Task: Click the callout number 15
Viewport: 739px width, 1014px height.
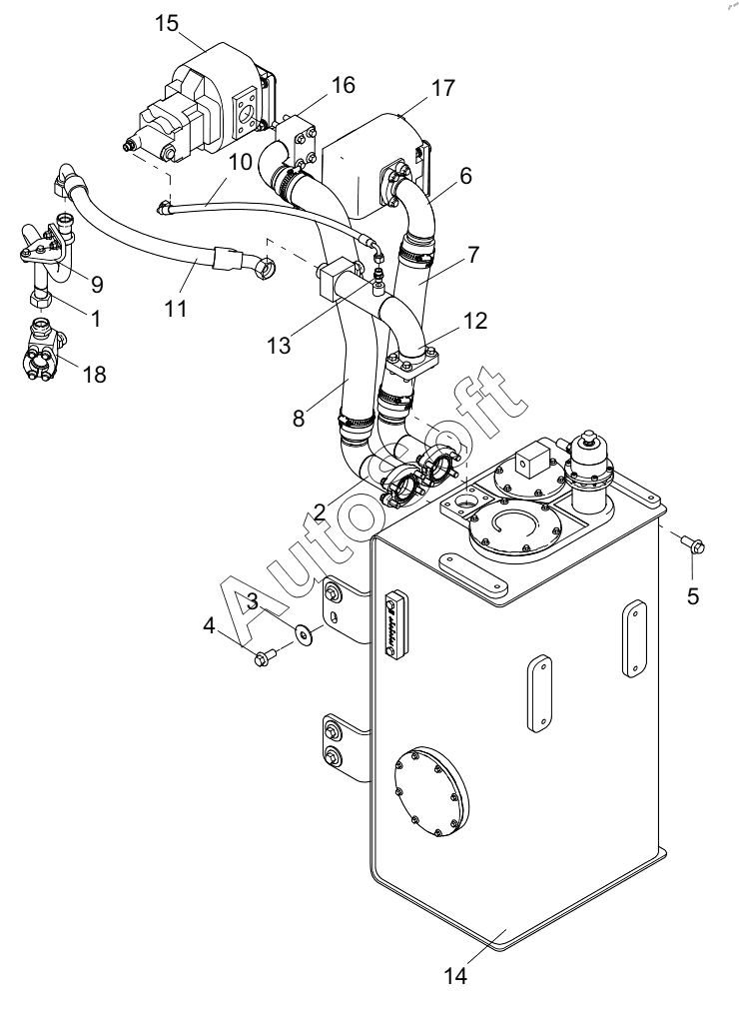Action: [166, 23]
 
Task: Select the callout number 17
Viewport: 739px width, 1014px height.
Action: [442, 87]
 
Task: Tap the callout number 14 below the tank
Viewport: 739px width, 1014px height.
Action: [454, 976]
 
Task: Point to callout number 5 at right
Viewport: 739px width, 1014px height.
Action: [692, 595]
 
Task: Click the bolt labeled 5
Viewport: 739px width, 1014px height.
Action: [693, 543]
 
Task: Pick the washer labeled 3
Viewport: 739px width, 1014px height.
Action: [303, 633]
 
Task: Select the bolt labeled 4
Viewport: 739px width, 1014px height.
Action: [265, 658]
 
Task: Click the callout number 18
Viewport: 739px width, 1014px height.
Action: [95, 375]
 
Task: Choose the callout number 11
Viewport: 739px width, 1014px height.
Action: [175, 308]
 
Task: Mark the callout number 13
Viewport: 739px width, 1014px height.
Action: [280, 346]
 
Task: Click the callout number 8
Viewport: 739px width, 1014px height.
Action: [298, 418]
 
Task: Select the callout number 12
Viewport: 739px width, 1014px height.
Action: [475, 320]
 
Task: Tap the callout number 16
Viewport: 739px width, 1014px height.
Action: [344, 85]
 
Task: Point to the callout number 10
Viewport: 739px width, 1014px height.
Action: [240, 162]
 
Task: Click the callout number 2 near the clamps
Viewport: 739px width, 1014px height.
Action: [320, 512]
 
